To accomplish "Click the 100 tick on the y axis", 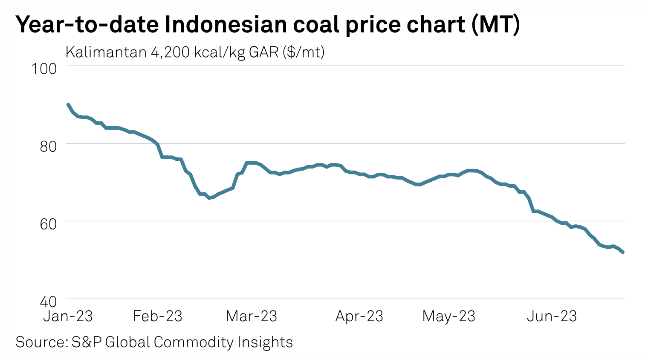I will coord(44,68).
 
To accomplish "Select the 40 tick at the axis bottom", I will coord(48,302).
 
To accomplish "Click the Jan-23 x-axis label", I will coord(68,316).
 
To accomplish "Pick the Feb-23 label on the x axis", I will coord(157,316).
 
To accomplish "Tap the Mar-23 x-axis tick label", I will coord(251,316).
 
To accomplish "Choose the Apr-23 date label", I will coord(359,316).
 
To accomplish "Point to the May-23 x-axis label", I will coord(448,316).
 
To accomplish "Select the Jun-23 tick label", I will coord(552,316).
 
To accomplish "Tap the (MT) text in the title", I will coord(495,25).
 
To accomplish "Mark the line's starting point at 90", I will coord(68,105).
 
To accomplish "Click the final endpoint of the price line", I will coord(623,252).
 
